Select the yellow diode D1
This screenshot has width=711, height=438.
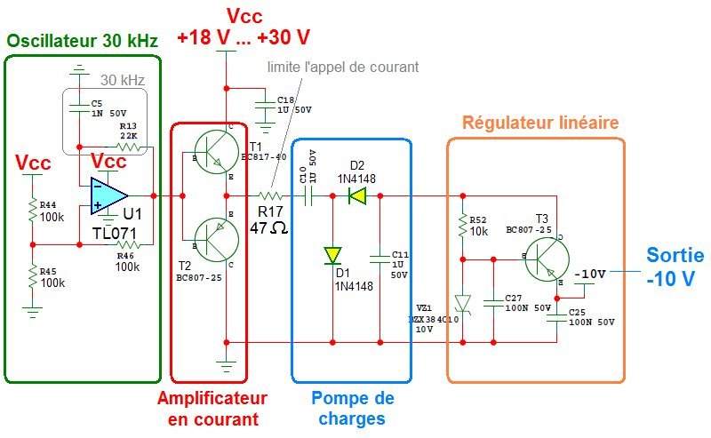click(x=332, y=256)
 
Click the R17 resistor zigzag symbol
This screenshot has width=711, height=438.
click(x=270, y=195)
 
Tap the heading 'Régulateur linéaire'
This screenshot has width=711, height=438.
click(x=540, y=122)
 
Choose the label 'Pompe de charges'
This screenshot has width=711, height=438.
click(x=354, y=408)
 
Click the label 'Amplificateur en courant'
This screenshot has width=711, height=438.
click(x=212, y=408)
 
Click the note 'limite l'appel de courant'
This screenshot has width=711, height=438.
click(x=342, y=67)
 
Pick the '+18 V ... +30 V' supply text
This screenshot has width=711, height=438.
click(x=244, y=37)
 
